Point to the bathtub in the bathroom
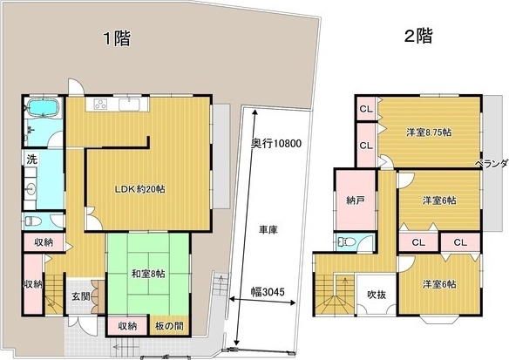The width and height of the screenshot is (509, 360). coord(41,109)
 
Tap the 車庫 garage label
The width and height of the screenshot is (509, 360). coord(268,230)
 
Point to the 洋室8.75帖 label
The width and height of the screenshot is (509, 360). coord(428,132)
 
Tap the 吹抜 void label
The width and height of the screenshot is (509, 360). coord(377,295)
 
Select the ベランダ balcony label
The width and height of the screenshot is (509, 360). coord(490,164)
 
